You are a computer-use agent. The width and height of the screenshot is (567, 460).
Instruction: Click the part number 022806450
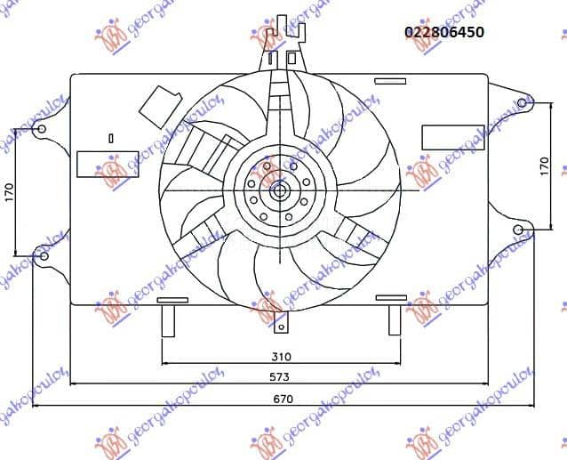[x=444, y=33]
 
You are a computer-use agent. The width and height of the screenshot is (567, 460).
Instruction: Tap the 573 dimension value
[x=282, y=376]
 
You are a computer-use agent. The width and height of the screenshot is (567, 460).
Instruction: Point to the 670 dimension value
[x=282, y=399]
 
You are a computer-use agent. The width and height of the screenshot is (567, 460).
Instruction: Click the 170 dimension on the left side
[x=11, y=192]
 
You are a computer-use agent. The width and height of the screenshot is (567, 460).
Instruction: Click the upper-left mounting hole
[x=41, y=130]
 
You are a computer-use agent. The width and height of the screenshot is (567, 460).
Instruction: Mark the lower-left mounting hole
[x=42, y=256]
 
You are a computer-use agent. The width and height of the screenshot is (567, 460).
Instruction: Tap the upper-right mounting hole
[x=523, y=104]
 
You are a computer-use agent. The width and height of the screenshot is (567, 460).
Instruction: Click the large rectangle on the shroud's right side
[x=440, y=136]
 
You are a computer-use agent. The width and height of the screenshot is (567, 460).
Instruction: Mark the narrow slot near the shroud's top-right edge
[x=391, y=82]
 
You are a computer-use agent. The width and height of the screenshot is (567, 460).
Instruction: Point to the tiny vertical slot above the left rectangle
[x=110, y=138]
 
